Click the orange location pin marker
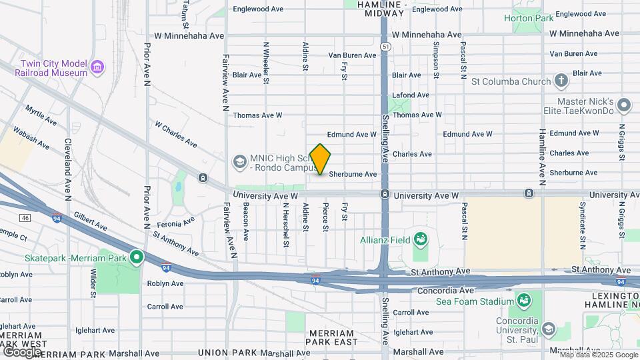click(321, 159)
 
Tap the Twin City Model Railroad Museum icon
click(98, 67)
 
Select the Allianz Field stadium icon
click(421, 239)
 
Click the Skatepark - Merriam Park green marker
click(137, 257)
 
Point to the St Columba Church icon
click(561, 81)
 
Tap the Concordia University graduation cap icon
click(548, 329)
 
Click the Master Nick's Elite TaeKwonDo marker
click(624, 105)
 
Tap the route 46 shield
click(25, 217)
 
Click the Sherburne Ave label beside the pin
click(353, 174)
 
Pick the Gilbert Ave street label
click(90, 221)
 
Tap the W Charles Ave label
click(175, 133)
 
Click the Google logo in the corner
click(22, 351)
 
